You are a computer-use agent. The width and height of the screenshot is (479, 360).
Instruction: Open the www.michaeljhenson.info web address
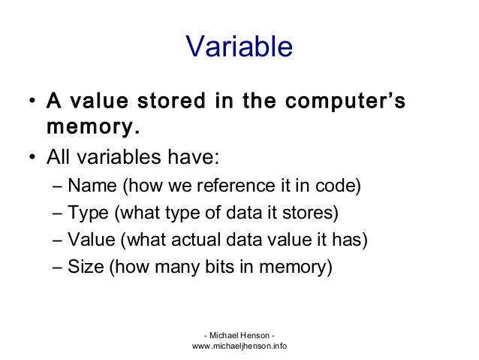coord(239,346)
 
